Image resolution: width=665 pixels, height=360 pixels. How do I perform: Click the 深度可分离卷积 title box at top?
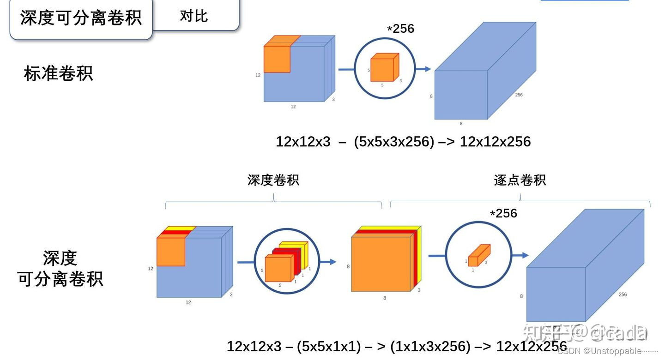pyautogui.click(x=81, y=18)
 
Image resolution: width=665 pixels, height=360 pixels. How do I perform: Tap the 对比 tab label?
pyautogui.click(x=194, y=16)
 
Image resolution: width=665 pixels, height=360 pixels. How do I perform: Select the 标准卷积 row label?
pyautogui.click(x=58, y=73)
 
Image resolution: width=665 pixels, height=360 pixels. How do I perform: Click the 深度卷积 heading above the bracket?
pyautogui.click(x=273, y=180)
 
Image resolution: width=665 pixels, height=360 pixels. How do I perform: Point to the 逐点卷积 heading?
pyautogui.click(x=520, y=180)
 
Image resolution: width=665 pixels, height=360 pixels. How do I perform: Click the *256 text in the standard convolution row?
pyautogui.click(x=400, y=29)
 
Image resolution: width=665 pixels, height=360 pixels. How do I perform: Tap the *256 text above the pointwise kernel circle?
pyautogui.click(x=503, y=214)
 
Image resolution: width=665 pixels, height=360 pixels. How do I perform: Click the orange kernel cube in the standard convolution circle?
pyautogui.click(x=383, y=68)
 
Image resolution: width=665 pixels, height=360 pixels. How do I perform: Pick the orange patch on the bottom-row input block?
pyautogui.click(x=171, y=252)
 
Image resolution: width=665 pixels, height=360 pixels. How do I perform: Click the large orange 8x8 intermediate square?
pyautogui.click(x=381, y=264)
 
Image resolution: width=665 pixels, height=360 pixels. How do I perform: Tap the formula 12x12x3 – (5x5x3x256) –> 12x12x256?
pyautogui.click(x=403, y=142)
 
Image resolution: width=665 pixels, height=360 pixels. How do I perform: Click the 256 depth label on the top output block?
pyautogui.click(x=519, y=95)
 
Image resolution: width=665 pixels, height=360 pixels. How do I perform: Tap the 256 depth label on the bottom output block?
pyautogui.click(x=623, y=294)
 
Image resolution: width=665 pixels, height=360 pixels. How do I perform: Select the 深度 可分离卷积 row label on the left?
pyautogui.click(x=60, y=269)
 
